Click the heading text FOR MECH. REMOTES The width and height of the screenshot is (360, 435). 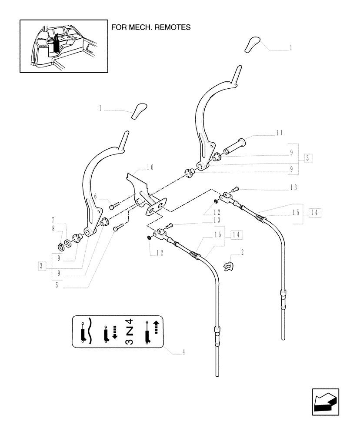pos(151,27)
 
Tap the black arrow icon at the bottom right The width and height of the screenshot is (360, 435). pos(325,402)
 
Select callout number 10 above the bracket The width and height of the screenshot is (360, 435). pos(150,167)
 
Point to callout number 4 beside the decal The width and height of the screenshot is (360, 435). pos(184,352)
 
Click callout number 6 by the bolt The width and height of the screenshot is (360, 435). pos(100,197)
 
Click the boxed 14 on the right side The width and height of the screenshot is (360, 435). pos(314,212)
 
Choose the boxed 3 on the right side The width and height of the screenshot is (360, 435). pos(307,157)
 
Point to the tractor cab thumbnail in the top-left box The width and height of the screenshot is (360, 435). pos(63,46)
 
